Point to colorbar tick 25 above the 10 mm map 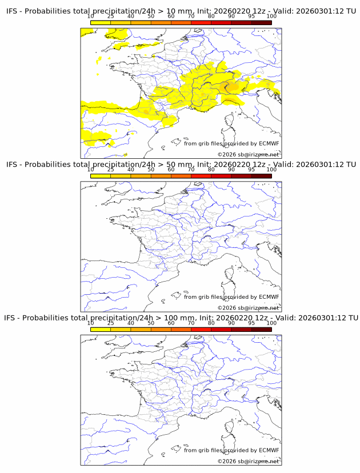click(x=111, y=17)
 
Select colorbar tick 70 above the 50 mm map click(x=191, y=170)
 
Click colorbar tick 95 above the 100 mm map click(x=251, y=323)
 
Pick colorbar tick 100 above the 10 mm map click(x=271, y=17)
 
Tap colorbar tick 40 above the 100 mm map click(x=131, y=323)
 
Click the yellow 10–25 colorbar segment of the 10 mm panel click(x=101, y=23)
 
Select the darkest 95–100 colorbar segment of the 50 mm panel click(x=261, y=176)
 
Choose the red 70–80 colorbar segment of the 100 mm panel click(x=201, y=329)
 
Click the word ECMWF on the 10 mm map click(x=269, y=143)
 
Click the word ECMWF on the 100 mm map click(x=269, y=450)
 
